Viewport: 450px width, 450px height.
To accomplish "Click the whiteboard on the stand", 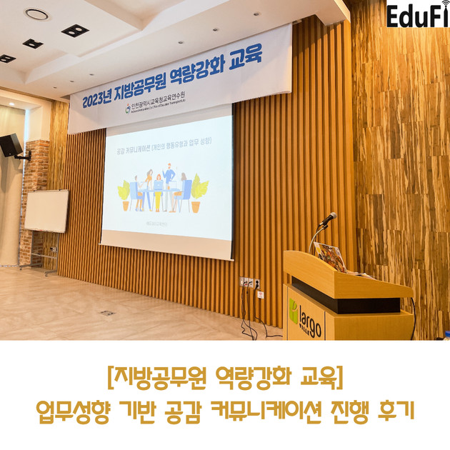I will [x=46, y=210].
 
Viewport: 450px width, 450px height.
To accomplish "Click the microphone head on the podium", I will [x=329, y=218].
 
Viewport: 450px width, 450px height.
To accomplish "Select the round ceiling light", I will [x=36, y=14].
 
